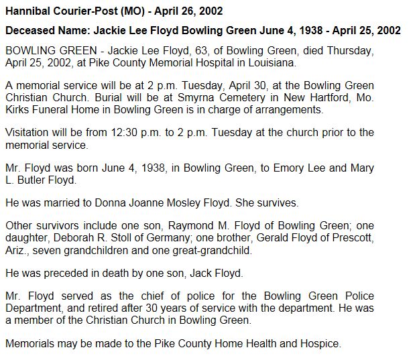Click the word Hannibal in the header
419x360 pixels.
(26, 12)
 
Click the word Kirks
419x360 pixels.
(19, 110)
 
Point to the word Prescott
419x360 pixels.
(349, 238)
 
